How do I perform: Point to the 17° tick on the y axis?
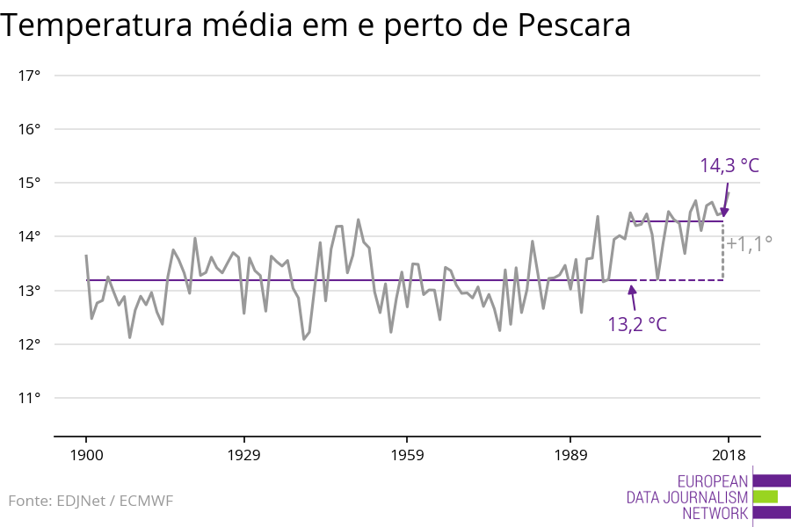click(x=30, y=76)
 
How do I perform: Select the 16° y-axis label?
click(x=30, y=129)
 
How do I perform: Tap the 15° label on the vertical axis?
click(x=30, y=183)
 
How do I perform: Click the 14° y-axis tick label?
click(x=30, y=236)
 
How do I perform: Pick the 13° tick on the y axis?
click(x=30, y=291)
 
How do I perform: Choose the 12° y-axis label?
click(x=30, y=344)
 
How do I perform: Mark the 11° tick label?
click(x=30, y=398)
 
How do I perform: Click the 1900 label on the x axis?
click(x=86, y=455)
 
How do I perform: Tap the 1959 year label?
click(x=406, y=455)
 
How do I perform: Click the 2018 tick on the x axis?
click(x=728, y=455)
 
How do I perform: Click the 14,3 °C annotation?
click(x=729, y=165)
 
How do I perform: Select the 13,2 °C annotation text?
click(x=637, y=324)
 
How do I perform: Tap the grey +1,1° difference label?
click(x=749, y=243)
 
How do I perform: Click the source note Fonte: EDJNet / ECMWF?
click(x=91, y=501)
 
